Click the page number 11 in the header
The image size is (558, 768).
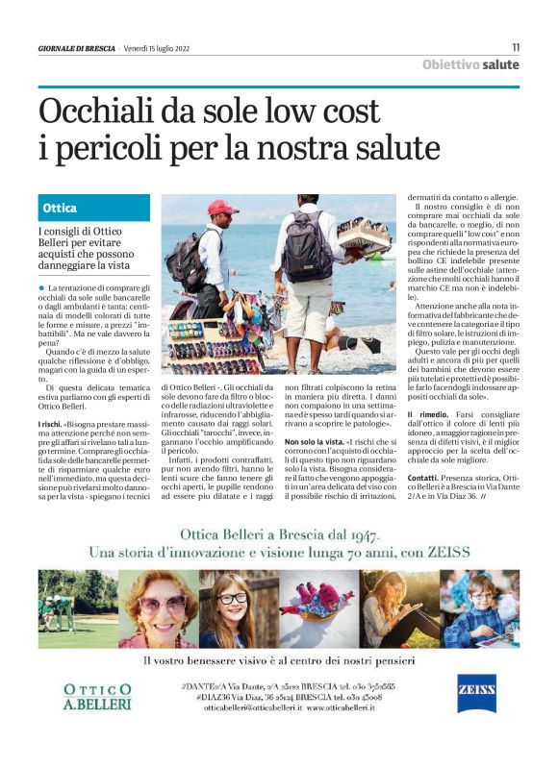pyautogui.click(x=516, y=47)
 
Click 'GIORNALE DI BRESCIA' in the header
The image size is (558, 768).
pyautogui.click(x=77, y=48)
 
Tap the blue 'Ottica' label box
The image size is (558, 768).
pyautogui.click(x=94, y=208)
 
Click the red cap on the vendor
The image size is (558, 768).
pyautogui.click(x=222, y=208)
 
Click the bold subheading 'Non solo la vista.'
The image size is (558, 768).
pyautogui.click(x=314, y=440)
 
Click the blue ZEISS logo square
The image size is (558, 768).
pyautogui.click(x=477, y=693)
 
